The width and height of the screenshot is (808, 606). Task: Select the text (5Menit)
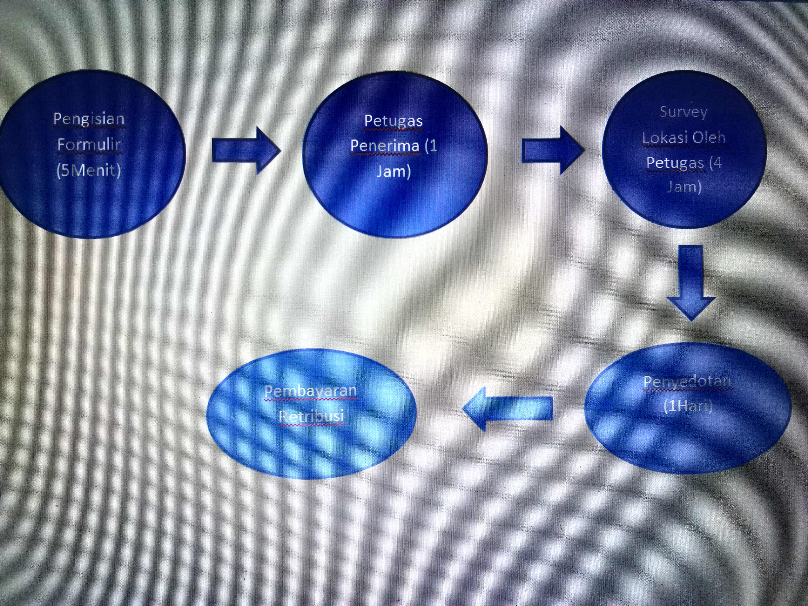89,170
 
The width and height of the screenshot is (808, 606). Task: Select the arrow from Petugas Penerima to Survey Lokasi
553,151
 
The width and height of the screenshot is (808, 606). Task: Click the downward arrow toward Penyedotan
691,283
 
